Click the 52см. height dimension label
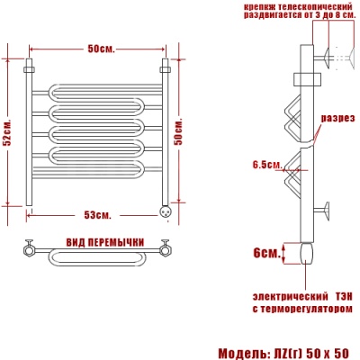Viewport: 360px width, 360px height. coord(9,132)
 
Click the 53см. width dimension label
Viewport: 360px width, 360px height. coord(97,215)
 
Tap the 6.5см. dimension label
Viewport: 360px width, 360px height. coord(268,165)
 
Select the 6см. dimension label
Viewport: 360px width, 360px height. coord(267,254)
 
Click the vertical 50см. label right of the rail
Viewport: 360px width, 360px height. coord(179,131)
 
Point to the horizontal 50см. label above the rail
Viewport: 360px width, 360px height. coord(102,49)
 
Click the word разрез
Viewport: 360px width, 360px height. coord(337,118)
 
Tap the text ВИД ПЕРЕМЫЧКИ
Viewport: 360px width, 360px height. coord(105,242)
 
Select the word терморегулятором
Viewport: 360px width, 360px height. coord(306,309)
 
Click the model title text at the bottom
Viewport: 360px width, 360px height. coord(283,354)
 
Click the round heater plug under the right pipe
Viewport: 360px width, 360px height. coord(166,211)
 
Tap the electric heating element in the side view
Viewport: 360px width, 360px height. coord(307,253)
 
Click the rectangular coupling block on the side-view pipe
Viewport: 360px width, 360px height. coord(307,79)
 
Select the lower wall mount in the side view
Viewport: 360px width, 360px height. coord(322,211)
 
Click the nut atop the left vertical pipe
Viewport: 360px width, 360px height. coord(29,69)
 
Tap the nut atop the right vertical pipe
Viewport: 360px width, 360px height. coord(166,69)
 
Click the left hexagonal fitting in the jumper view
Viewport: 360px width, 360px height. coord(29,249)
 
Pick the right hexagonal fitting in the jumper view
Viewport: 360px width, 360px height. coord(165,249)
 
